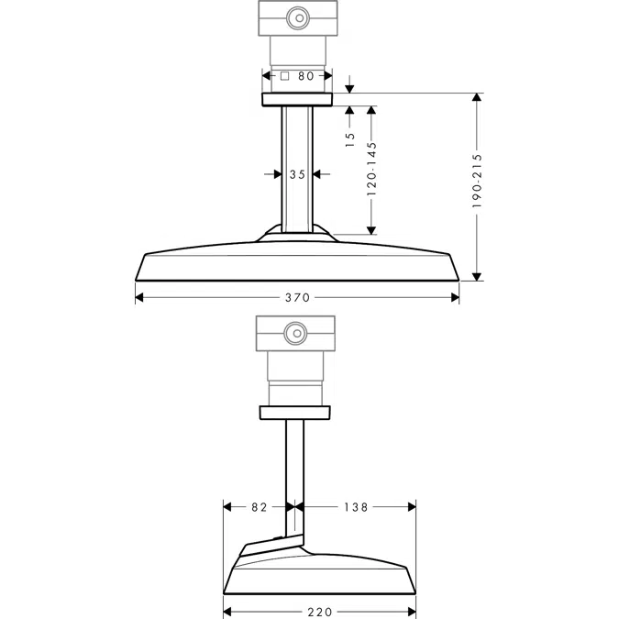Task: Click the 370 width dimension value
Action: (x=296, y=297)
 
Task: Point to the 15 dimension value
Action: (x=349, y=139)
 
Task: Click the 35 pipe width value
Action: (x=296, y=173)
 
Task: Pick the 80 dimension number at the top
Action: (x=307, y=77)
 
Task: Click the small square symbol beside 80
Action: (x=285, y=77)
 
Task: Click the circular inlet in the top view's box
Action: (x=296, y=17)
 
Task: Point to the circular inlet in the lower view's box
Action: (x=295, y=333)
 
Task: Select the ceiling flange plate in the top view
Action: (x=296, y=99)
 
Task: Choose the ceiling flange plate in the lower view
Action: (x=295, y=412)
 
